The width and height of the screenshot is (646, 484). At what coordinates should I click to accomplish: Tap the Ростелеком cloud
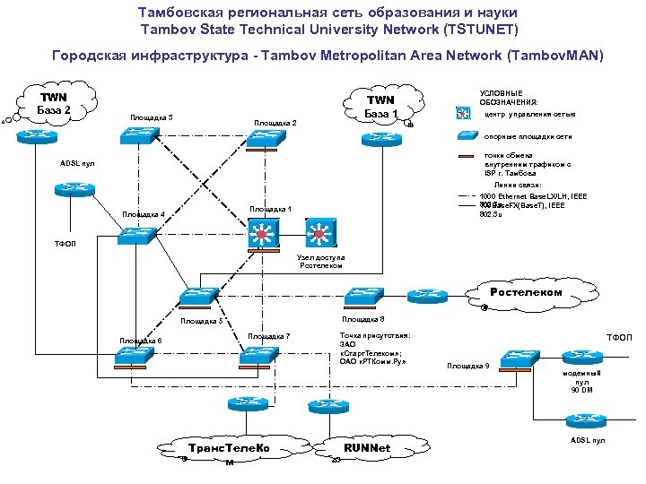coord(526,292)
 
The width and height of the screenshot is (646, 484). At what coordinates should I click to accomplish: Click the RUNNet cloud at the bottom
coord(367,447)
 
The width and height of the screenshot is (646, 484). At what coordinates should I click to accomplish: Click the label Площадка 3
coord(152,118)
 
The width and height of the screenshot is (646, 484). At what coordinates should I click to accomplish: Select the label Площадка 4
coord(144,214)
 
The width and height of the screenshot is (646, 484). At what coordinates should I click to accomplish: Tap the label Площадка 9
coord(467,366)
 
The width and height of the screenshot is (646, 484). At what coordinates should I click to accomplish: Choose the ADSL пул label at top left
coord(77,163)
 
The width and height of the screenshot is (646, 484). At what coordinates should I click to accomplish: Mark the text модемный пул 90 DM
coord(581,381)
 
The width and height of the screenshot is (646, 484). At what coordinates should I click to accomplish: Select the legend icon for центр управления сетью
coord(464,114)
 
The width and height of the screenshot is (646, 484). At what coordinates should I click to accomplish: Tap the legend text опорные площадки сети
coord(528,136)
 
